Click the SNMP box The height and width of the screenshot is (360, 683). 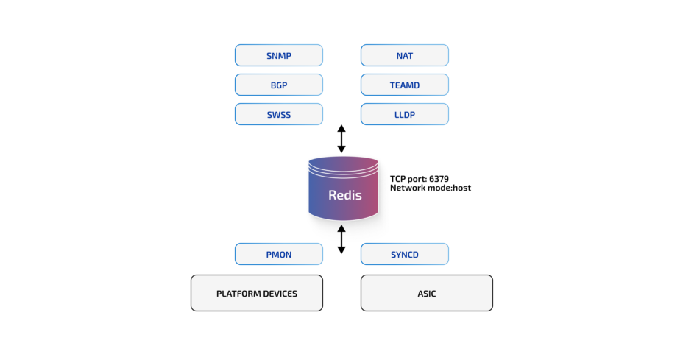click(x=278, y=55)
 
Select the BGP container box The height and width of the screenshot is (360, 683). click(x=278, y=85)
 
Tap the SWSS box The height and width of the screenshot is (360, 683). click(x=278, y=114)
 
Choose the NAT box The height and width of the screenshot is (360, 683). click(x=404, y=55)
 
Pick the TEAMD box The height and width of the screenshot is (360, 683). click(x=404, y=85)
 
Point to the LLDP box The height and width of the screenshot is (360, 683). click(x=404, y=114)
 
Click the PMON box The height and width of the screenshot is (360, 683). click(x=278, y=254)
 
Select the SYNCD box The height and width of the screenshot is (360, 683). click(x=404, y=254)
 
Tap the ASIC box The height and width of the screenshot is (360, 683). click(x=426, y=293)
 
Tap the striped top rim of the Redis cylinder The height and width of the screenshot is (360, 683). click(x=343, y=166)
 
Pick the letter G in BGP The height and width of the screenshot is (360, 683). click(x=278, y=85)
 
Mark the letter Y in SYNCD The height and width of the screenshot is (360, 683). click(x=397, y=255)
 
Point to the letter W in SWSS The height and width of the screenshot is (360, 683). click(x=275, y=115)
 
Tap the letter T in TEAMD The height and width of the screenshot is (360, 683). click(x=392, y=85)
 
